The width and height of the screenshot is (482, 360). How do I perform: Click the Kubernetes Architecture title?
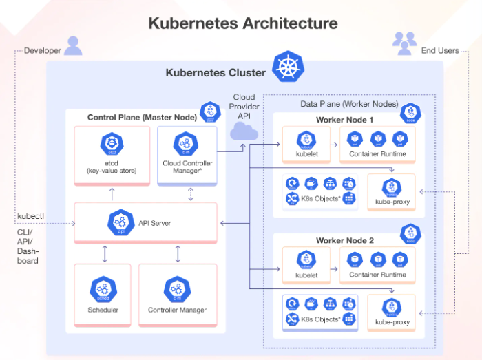(x=243, y=23)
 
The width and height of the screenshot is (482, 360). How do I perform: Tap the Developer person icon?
(x=73, y=45)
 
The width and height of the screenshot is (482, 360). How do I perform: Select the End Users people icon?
(x=404, y=43)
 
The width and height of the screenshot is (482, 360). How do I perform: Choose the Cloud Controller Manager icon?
(x=186, y=144)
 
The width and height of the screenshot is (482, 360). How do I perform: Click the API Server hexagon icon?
(x=120, y=222)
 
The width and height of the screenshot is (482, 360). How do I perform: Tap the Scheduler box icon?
(x=103, y=288)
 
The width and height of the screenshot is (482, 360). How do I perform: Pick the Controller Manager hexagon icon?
(x=177, y=288)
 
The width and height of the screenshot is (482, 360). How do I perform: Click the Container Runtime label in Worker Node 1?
(x=377, y=153)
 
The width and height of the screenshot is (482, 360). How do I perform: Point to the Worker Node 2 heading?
(x=344, y=240)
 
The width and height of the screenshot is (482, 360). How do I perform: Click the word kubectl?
(x=30, y=216)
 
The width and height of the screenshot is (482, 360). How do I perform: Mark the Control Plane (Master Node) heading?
(x=142, y=117)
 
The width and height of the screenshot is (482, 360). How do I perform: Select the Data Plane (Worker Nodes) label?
(x=349, y=103)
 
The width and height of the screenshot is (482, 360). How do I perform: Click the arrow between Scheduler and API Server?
(x=105, y=253)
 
